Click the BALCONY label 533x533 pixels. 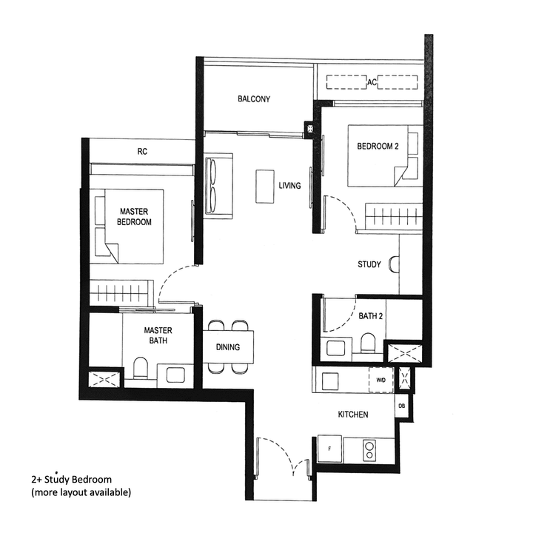click(x=254, y=99)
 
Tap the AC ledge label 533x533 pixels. click(x=372, y=83)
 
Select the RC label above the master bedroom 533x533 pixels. click(x=142, y=151)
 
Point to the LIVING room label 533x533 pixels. click(x=289, y=186)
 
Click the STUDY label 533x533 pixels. click(x=369, y=264)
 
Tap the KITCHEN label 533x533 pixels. click(x=352, y=415)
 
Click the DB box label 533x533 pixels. click(x=401, y=406)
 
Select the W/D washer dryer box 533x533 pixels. click(x=381, y=379)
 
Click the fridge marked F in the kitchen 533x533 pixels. click(x=329, y=449)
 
